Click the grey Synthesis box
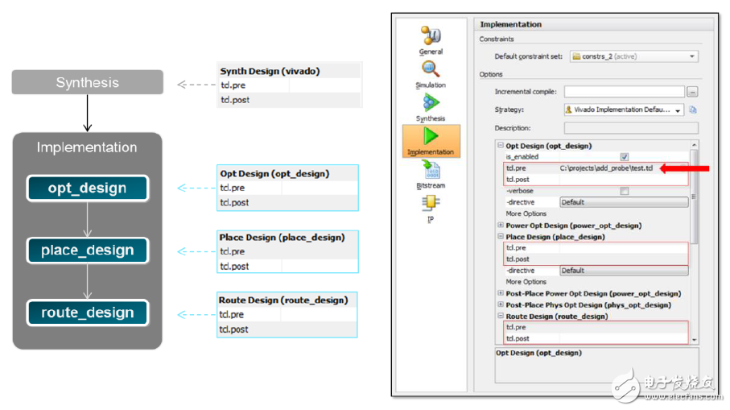(88, 82)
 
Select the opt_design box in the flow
(88, 188)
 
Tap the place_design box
(88, 251)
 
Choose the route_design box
(88, 313)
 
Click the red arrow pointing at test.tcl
(684, 168)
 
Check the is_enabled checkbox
(625, 157)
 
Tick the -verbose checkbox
(625, 191)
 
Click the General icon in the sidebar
(431, 35)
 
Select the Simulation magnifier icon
(431, 69)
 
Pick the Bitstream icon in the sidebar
(431, 170)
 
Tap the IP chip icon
(431, 202)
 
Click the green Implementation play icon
(431, 136)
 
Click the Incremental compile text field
(625, 92)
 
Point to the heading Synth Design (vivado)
(270, 71)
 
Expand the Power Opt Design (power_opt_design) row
(501, 225)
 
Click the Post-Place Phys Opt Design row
(588, 304)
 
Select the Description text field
(631, 128)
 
